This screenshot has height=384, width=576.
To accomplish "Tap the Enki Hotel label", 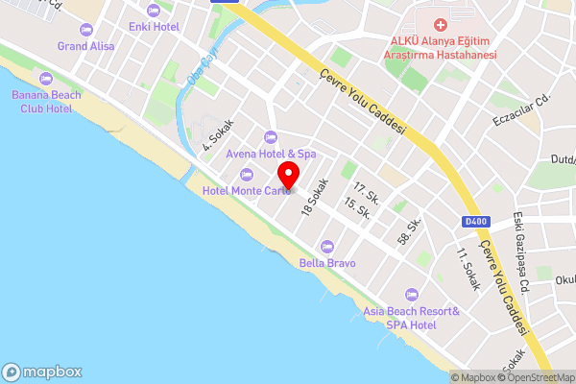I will point(154,26).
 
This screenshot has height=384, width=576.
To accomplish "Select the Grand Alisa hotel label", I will point(87,45).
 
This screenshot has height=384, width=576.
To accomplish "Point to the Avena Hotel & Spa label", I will point(271,153).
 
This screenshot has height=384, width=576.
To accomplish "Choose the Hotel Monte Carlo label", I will point(247,190).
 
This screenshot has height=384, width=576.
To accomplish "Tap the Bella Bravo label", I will point(327,262).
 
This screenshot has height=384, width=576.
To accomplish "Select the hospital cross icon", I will point(441,24).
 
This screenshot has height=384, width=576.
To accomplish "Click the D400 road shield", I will point(476,222).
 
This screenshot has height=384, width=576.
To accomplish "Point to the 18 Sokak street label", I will point(314,197).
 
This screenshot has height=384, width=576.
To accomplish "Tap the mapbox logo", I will point(42,372).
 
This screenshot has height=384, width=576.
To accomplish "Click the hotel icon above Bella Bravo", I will point(327,246).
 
